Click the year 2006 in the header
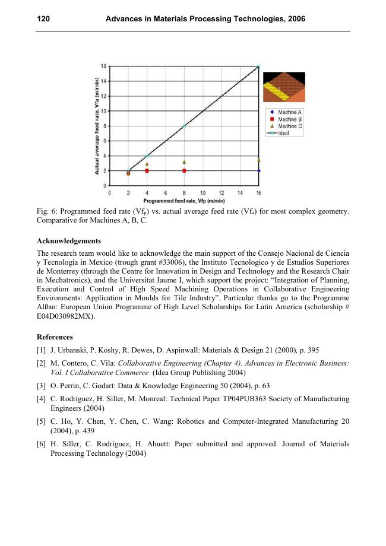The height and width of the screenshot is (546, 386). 295,20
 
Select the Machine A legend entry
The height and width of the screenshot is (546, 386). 290,112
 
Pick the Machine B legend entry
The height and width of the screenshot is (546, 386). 290,119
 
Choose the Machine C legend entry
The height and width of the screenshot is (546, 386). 290,126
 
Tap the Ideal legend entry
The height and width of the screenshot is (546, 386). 283,133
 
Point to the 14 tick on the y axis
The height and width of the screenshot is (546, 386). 103,81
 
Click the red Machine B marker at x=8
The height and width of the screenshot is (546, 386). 184,171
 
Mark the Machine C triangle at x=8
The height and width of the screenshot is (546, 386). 184,161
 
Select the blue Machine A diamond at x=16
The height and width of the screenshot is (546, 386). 259,171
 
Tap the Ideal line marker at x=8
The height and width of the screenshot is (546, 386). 184,126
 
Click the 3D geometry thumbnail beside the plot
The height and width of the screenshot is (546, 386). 284,87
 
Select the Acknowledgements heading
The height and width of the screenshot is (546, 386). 68,242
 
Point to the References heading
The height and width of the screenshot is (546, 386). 55,337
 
